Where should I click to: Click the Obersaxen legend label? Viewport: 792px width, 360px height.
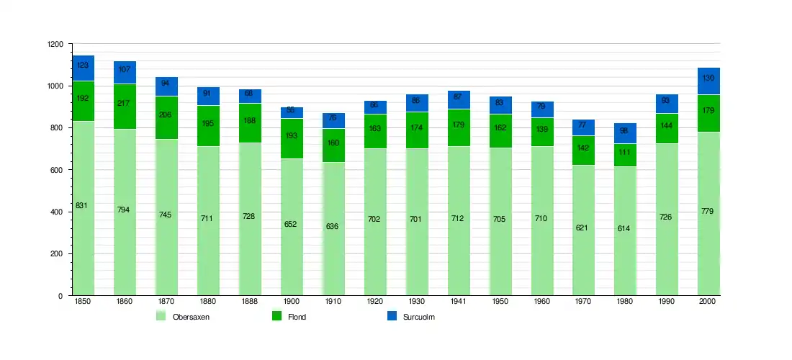click(191, 317)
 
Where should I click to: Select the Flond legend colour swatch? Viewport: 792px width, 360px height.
click(276, 316)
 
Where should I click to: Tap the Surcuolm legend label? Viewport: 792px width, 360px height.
click(420, 317)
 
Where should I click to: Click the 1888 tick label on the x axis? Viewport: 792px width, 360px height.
click(250, 302)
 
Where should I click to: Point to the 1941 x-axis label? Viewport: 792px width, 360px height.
click(459, 302)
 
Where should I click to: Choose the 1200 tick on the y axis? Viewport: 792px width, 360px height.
click(55, 45)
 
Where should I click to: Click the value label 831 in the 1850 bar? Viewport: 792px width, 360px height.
click(81, 206)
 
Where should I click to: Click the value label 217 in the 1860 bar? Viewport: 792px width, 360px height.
click(125, 103)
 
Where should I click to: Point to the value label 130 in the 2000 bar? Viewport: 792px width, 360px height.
click(708, 78)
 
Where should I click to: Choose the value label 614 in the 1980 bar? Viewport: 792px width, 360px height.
click(625, 228)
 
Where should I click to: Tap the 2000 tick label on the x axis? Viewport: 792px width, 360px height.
click(708, 302)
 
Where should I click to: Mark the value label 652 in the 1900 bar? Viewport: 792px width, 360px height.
click(290, 224)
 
